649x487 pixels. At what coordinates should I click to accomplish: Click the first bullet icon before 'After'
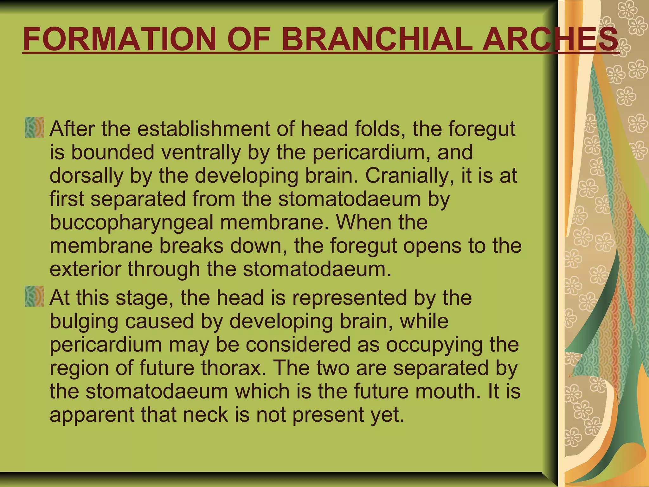pos(34,127)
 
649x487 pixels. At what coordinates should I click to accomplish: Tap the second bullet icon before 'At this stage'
pos(34,296)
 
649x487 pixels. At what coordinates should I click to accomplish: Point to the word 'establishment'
pos(205,129)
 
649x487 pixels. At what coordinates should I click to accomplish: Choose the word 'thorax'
pos(232,368)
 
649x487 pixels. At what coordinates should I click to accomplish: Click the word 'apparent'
pos(92,414)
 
